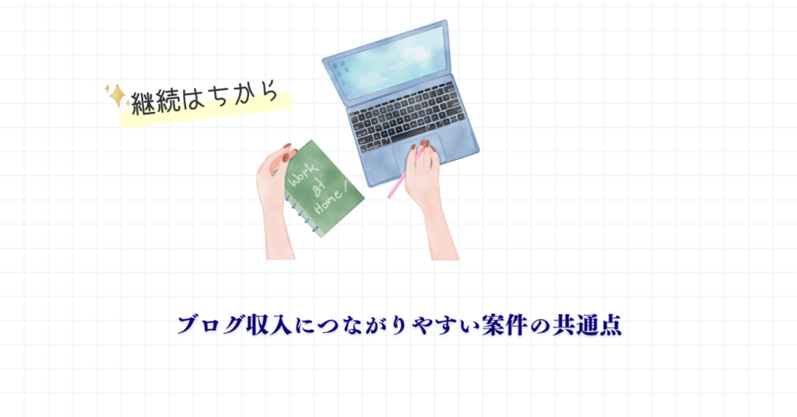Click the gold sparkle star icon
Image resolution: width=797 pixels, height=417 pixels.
point(117,95)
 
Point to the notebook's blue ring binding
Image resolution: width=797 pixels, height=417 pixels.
point(301,213)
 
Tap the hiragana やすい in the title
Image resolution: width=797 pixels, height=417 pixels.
point(448,325)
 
